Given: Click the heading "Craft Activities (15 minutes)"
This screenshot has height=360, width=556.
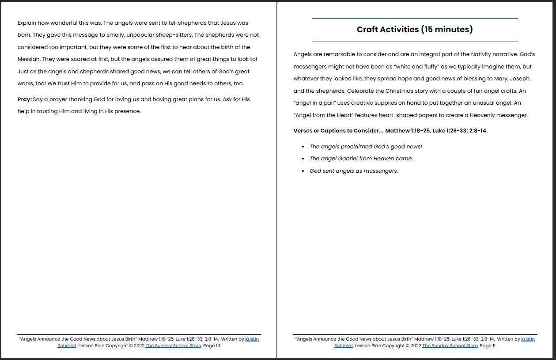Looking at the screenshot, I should [415, 30].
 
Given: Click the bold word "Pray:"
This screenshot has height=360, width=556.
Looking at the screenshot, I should [25, 99].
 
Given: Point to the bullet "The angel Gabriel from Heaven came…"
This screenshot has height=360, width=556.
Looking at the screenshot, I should [362, 159].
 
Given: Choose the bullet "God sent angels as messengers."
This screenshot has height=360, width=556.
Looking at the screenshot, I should [354, 171].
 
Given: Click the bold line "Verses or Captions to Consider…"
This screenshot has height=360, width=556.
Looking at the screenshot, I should [338, 131].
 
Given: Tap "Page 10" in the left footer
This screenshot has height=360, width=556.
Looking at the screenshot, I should [212, 346].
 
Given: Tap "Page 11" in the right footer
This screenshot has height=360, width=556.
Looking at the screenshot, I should [488, 346].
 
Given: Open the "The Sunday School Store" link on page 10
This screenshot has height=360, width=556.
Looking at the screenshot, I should [173, 346].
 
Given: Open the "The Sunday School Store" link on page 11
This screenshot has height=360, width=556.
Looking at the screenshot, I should [450, 346].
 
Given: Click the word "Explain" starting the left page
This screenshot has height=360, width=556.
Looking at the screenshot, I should [27, 23].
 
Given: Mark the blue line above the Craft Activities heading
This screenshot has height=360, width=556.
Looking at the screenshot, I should [415, 19].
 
